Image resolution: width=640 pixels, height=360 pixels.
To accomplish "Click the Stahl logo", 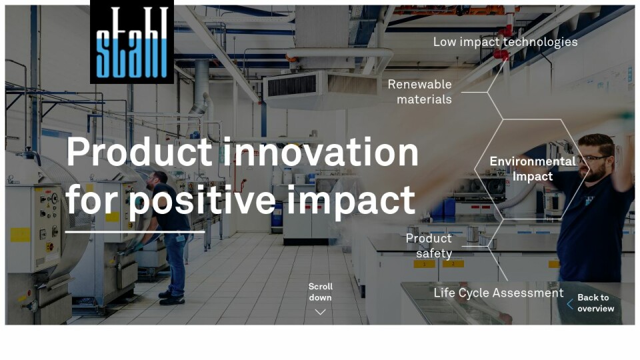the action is [x=132, y=41].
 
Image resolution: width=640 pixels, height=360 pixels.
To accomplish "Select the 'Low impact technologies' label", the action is [x=505, y=41].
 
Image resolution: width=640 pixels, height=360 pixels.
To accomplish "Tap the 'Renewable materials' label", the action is [x=419, y=91].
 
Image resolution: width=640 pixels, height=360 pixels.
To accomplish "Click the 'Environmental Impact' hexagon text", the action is [x=532, y=169].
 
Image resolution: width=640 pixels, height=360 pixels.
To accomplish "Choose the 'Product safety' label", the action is [x=429, y=246].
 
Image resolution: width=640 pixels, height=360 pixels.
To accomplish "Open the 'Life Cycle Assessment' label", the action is [x=499, y=293].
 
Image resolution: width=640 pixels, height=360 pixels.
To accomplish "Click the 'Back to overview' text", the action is [x=595, y=303].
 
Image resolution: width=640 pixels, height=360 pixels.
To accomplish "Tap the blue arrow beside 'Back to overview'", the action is [x=570, y=304].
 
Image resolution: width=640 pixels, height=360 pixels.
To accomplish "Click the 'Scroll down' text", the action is [x=321, y=292].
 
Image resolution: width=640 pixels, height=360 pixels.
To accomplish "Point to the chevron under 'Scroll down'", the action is [x=321, y=312].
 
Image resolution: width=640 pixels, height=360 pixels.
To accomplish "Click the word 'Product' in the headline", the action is [x=139, y=152].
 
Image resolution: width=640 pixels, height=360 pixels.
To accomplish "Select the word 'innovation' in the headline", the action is [x=321, y=152].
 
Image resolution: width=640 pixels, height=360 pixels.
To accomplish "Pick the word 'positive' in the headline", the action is [x=203, y=201].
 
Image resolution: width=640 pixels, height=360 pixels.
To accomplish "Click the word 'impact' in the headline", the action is [x=351, y=201].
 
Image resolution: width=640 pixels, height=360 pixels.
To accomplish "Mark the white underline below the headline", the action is [x=135, y=232].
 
